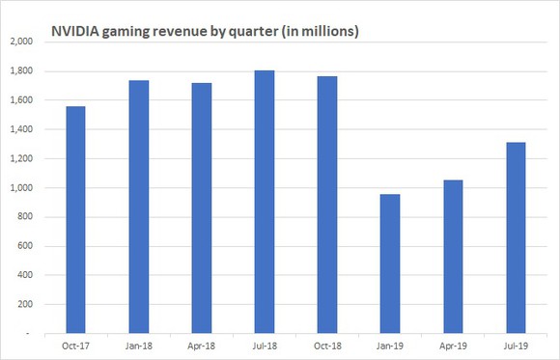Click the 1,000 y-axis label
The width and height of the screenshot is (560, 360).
click(x=21, y=187)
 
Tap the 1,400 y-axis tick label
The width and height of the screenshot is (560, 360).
click(x=21, y=129)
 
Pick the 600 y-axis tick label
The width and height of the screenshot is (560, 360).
click(x=25, y=245)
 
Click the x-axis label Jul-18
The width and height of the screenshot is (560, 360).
click(x=265, y=345)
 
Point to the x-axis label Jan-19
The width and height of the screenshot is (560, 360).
click(x=391, y=345)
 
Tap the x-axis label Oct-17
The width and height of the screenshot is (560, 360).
click(x=74, y=345)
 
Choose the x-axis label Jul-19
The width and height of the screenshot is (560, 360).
click(x=517, y=345)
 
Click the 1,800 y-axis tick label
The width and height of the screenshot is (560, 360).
click(x=21, y=71)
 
